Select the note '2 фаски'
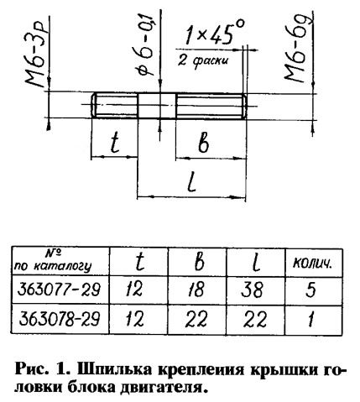point(203,60)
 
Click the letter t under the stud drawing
point(115,143)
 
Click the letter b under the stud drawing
point(203,144)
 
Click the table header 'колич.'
point(312,263)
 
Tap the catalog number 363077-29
point(59,290)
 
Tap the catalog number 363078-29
point(60,319)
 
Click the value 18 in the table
point(196,289)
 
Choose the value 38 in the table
point(252,290)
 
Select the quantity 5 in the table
point(310,290)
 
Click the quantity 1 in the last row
point(311,319)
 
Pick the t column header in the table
point(139,261)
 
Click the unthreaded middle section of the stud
point(157,106)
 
